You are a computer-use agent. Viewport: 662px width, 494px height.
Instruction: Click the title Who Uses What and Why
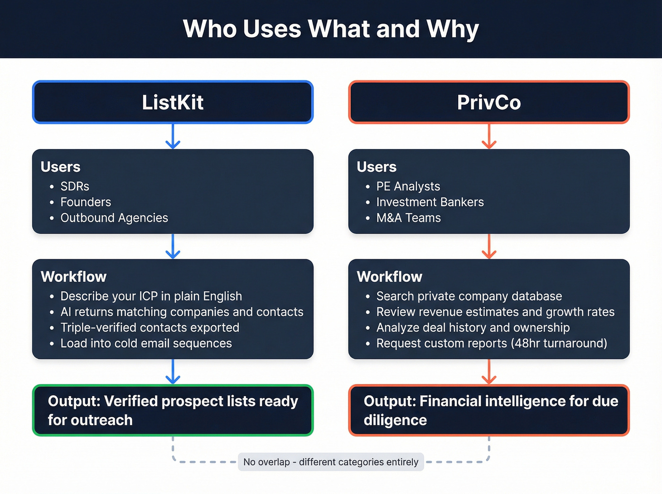[x=331, y=29]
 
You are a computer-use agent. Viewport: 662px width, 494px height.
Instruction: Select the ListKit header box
[x=173, y=102]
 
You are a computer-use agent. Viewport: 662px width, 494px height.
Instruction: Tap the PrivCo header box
[x=489, y=102]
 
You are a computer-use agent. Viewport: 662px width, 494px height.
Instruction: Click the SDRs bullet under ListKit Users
[x=75, y=186]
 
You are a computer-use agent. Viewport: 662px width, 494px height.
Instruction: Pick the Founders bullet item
[x=86, y=202]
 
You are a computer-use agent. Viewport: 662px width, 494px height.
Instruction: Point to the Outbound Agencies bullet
[x=114, y=218]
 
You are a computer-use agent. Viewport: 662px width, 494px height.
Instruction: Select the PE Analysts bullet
[x=408, y=186]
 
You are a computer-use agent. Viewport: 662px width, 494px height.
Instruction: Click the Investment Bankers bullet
[x=430, y=202]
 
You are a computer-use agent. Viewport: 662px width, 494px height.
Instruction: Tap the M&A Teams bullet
[x=409, y=218]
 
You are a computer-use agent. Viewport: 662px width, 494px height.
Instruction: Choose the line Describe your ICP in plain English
[x=151, y=296]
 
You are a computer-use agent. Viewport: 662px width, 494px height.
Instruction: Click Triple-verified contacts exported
[x=149, y=328]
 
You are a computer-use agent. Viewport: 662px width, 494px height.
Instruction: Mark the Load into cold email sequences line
[x=146, y=343]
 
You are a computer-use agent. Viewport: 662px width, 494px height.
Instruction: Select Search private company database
[x=469, y=296]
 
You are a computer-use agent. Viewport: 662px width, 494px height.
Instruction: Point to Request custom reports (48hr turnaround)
[x=491, y=343]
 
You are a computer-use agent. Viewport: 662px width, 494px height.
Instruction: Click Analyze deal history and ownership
[x=473, y=328]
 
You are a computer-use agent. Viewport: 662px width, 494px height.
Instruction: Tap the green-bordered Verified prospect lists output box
[x=173, y=410]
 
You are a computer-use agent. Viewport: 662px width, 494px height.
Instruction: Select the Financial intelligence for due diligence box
[x=489, y=410]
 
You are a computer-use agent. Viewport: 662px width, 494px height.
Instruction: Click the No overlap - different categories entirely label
[x=331, y=462]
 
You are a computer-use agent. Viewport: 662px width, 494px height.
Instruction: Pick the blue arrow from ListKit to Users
[x=173, y=136]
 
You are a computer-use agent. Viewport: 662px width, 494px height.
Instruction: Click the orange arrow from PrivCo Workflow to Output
[x=489, y=372]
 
